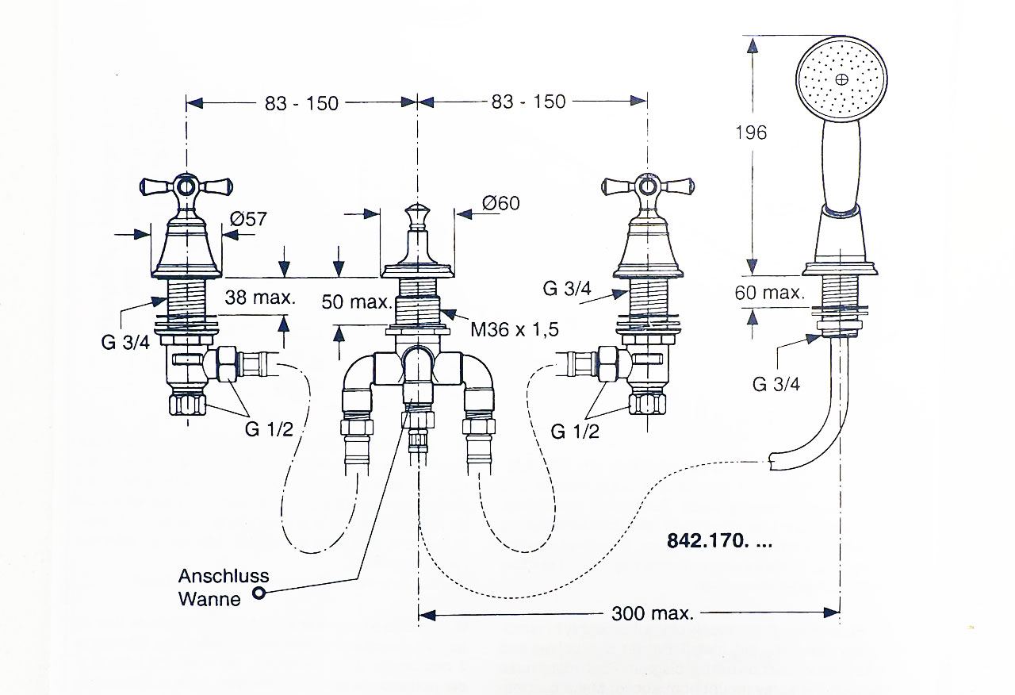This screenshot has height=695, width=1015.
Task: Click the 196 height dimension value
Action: pos(751,132)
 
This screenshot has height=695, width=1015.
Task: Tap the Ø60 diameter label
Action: pos(500,202)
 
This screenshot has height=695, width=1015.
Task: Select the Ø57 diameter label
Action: pos(248,219)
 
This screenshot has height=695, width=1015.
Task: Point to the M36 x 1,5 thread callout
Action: pos(515,329)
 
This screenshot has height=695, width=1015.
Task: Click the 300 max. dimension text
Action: pos(653,613)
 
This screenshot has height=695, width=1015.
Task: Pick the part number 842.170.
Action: pos(719,540)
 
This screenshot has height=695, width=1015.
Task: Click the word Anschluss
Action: pos(224,576)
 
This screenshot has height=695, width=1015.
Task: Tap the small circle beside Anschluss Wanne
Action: pos(259,592)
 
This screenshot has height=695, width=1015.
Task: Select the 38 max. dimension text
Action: pos(260,298)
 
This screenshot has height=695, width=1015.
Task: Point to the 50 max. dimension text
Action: pos(357,301)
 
